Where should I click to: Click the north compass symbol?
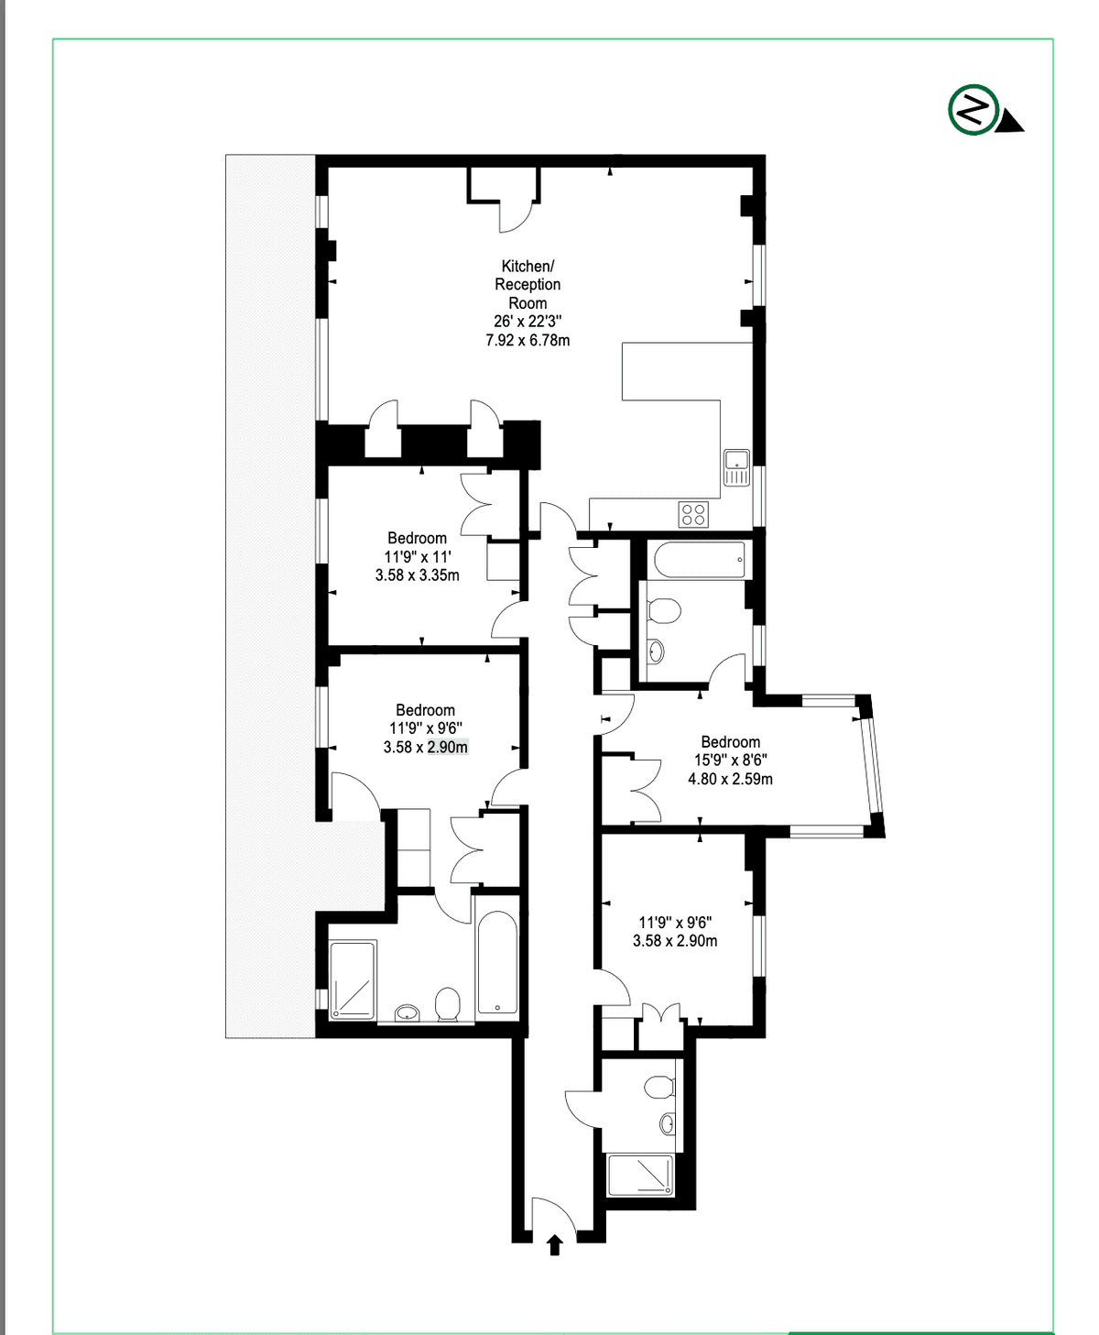point(984,110)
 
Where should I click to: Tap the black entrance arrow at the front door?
point(555,1243)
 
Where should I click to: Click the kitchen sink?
point(736,468)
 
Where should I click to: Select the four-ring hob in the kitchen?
point(693,515)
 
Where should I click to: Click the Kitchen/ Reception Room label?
point(528,285)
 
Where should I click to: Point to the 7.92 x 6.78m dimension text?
point(528,340)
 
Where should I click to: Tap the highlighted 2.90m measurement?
point(447,747)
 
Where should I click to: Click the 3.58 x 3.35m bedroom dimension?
point(418,574)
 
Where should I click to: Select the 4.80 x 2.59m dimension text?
point(730,779)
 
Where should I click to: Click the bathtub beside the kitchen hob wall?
point(700,560)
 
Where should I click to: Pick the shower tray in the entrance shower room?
point(640,1175)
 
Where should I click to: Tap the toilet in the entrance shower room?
point(659,1087)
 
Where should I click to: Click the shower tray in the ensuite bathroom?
point(353,979)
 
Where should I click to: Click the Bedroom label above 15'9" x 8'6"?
point(730,741)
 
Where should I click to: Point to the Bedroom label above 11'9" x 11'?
point(418,538)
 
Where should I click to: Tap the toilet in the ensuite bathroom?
point(448,1004)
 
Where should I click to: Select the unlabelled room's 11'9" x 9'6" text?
point(675,923)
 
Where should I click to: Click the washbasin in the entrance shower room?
point(667,1123)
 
